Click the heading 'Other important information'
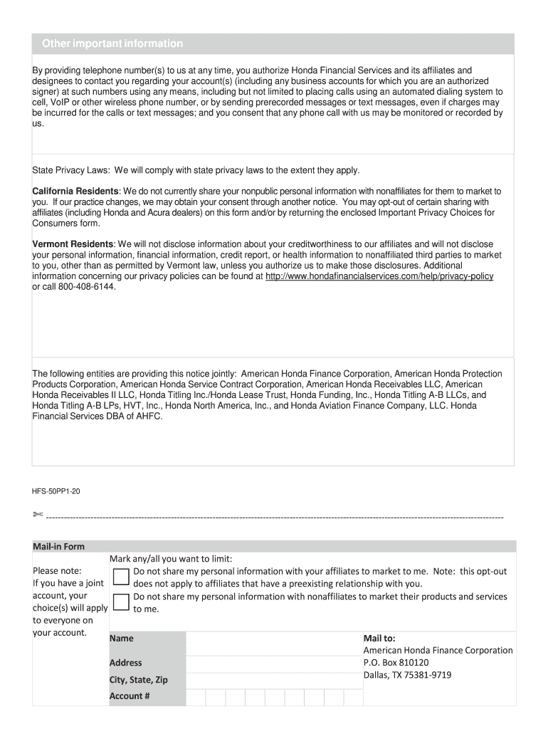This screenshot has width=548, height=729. pyautogui.click(x=112, y=44)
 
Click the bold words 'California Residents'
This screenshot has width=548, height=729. pyautogui.click(x=75, y=192)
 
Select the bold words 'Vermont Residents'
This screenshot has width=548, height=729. pyautogui.click(x=73, y=243)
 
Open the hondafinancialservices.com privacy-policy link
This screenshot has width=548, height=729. pyautogui.click(x=379, y=276)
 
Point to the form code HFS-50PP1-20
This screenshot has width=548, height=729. pyautogui.click(x=60, y=491)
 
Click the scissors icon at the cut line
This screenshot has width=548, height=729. pyautogui.click(x=38, y=515)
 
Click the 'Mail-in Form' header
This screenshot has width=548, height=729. pyautogui.click(x=58, y=547)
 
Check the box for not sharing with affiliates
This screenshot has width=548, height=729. pyautogui.click(x=121, y=577)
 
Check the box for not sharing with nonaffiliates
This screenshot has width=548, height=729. pyautogui.click(x=121, y=602)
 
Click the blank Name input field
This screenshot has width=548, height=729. pyautogui.click(x=274, y=644)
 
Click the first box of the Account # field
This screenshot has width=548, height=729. pyautogui.click(x=196, y=696)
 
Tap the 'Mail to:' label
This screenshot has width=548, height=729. pyautogui.click(x=379, y=639)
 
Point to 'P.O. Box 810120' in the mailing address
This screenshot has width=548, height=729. pyautogui.click(x=396, y=662)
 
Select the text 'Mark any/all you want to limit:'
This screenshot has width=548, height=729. pyautogui.click(x=171, y=558)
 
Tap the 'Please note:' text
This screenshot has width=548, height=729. pyautogui.click(x=57, y=571)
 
